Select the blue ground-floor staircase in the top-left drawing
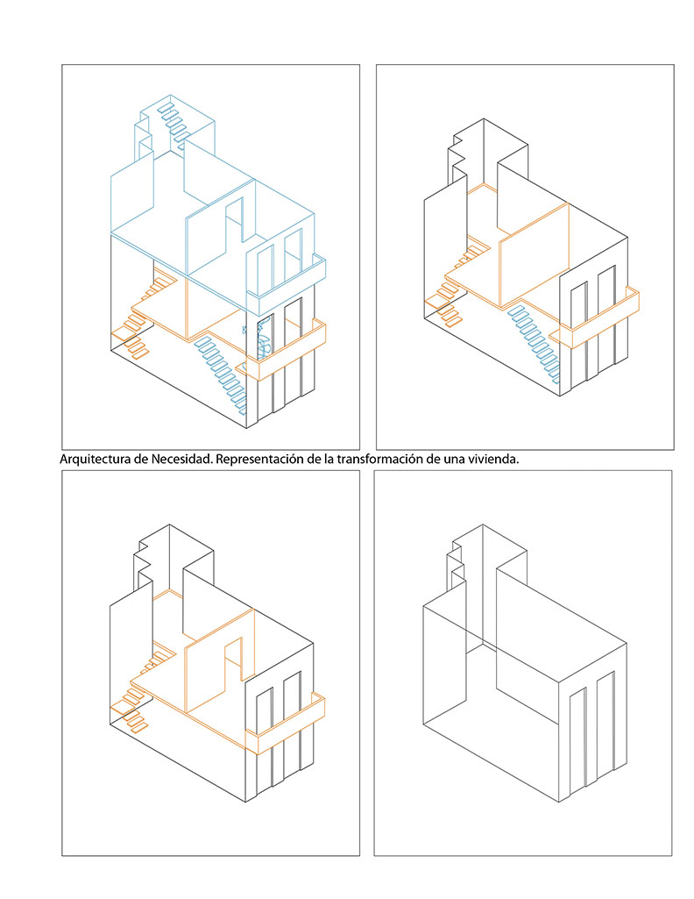(221, 374)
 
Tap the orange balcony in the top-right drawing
(596, 318)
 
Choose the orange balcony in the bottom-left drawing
(285, 724)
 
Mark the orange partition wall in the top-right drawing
(535, 256)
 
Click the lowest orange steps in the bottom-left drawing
(130, 714)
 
